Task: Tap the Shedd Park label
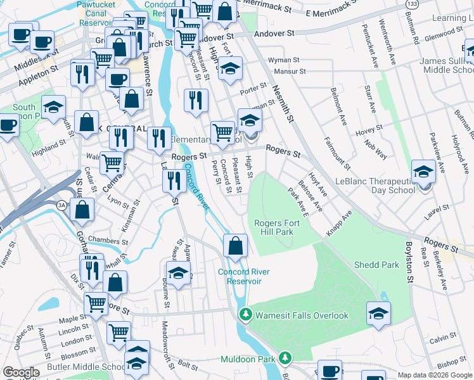pos(376,265)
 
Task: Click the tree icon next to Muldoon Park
pos(285,359)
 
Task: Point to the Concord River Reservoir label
pos(244,276)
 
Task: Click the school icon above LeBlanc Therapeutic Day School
pos(423,171)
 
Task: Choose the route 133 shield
pos(411,4)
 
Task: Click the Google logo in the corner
pos(21,373)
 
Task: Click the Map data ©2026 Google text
pos(435,374)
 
